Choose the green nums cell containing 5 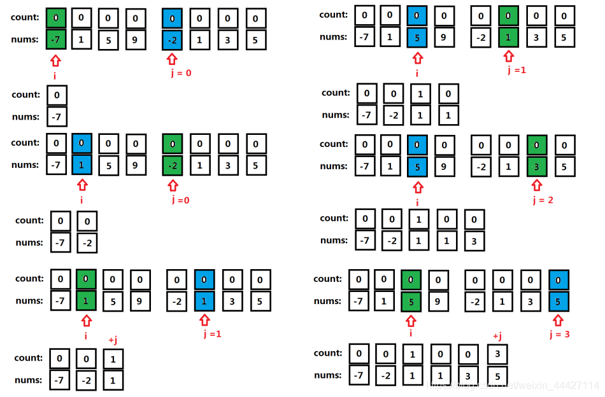(x=411, y=302)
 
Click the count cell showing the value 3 (x=497, y=354)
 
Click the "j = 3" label (x=559, y=333)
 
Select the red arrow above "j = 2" (x=536, y=185)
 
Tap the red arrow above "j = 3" (x=558, y=319)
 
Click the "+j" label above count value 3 (x=497, y=337)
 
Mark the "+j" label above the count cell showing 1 (x=113, y=341)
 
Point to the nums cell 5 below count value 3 (x=497, y=376)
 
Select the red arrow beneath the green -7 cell (x=56, y=60)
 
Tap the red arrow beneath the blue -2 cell (x=171, y=60)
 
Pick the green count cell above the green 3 (x=536, y=145)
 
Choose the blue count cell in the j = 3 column (x=559, y=280)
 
